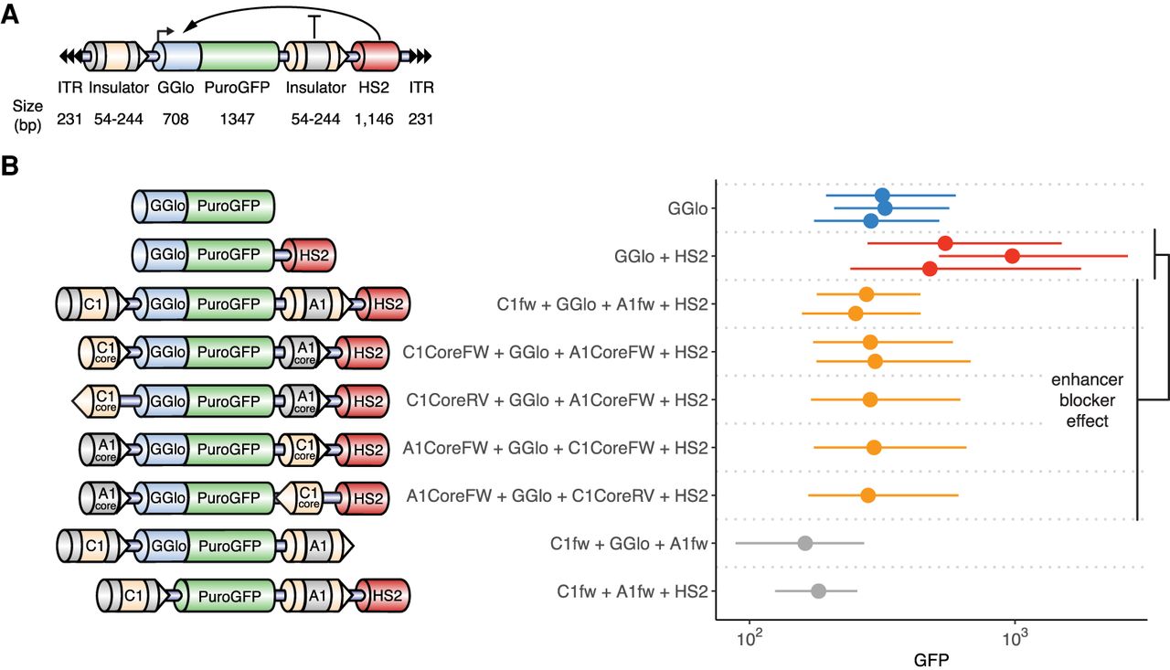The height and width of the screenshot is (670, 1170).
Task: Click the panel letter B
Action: (10, 166)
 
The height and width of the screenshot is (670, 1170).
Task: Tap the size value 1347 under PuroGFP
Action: (237, 119)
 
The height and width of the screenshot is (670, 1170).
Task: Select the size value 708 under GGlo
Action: (175, 119)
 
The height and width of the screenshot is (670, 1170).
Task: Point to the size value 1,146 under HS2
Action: (374, 120)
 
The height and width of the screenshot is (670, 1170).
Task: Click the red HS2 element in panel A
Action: (376, 57)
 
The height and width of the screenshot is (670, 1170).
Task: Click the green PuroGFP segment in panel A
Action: (239, 57)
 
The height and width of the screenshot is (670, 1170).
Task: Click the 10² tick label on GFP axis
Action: (750, 637)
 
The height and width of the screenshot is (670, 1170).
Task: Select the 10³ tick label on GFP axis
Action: (1015, 637)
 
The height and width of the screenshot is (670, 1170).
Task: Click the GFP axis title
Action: (931, 660)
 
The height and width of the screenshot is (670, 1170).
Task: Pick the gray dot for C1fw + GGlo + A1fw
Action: (805, 543)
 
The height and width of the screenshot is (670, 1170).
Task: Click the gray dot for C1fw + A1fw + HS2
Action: (818, 591)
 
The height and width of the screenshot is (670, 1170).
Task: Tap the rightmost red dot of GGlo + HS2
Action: (1012, 256)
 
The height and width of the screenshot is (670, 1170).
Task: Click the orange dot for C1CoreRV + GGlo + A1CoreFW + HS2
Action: (869, 400)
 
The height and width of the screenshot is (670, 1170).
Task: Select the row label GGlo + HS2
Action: (661, 257)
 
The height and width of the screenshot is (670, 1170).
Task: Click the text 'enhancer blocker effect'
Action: (1087, 400)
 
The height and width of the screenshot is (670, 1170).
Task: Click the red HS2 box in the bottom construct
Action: (385, 595)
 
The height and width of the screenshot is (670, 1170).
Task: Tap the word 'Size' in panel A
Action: (27, 106)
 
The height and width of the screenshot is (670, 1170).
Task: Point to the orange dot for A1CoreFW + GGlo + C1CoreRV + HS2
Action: (867, 495)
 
